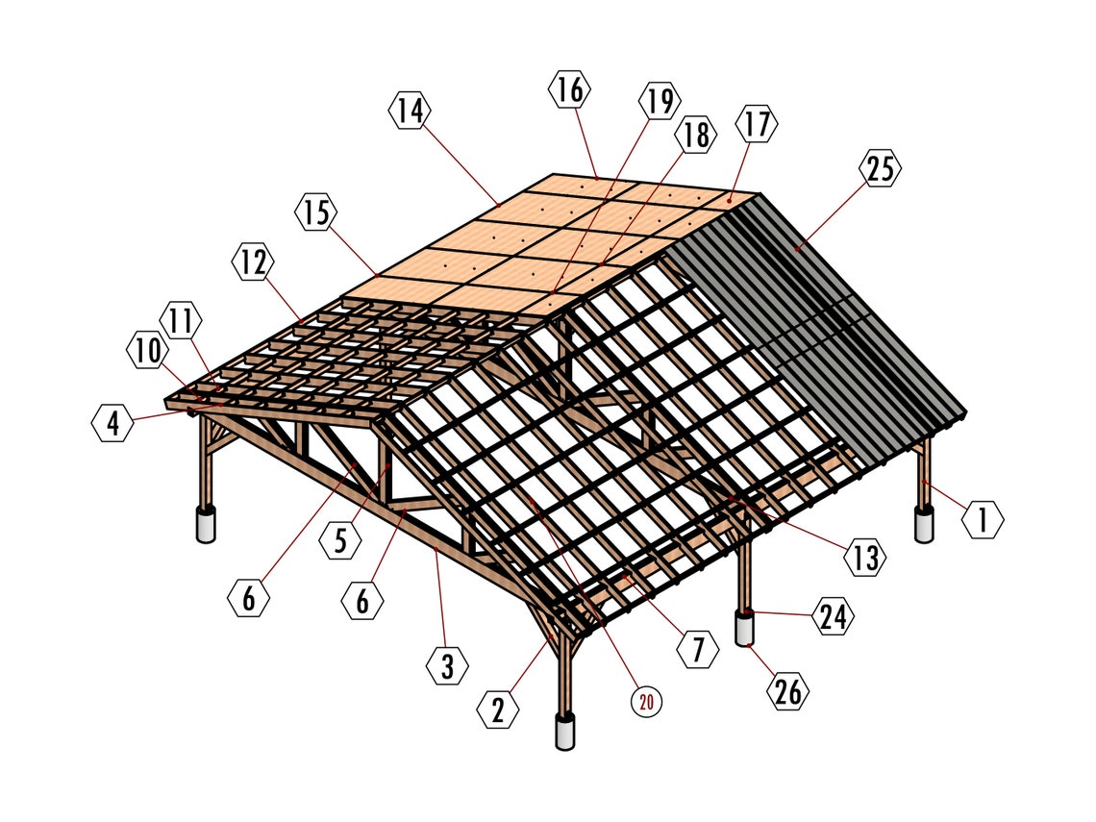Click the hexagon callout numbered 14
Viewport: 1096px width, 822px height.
(411, 112)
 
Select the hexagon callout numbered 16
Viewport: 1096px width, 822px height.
(569, 90)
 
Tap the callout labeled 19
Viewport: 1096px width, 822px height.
(659, 101)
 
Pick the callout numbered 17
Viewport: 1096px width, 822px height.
(757, 124)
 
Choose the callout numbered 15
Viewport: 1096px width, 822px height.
(316, 212)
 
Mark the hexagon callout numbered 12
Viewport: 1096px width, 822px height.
(253, 262)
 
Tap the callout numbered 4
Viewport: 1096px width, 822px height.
(113, 423)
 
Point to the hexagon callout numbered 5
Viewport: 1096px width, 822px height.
(340, 540)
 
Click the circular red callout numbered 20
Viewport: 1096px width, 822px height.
(646, 702)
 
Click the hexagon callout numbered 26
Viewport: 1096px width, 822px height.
(787, 691)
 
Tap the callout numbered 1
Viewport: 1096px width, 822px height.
(983, 520)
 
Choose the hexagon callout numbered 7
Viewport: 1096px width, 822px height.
(699, 651)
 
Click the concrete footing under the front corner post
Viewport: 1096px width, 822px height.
(564, 732)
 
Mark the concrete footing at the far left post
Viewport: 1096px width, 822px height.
(206, 525)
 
